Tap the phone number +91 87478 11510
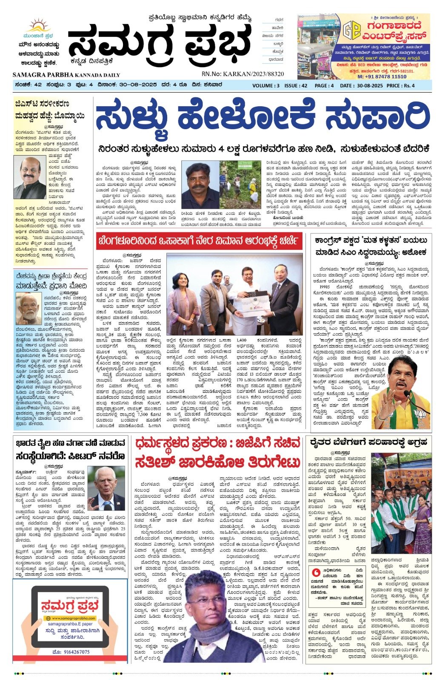click(382, 76)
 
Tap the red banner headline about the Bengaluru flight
click(199, 242)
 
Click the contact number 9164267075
click(71, 652)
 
